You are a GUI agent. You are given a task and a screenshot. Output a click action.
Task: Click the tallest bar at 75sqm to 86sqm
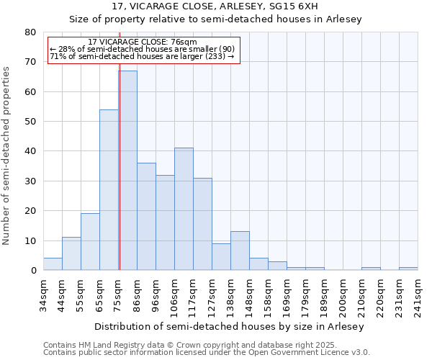pyautogui.click(x=127, y=171)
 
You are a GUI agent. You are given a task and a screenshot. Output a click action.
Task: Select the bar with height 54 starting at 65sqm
pyautogui.click(x=109, y=190)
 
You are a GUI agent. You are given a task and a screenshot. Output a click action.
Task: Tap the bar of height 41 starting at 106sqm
pyautogui.click(x=184, y=209)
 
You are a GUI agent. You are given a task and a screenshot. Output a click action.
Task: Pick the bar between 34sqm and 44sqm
pyautogui.click(x=53, y=264)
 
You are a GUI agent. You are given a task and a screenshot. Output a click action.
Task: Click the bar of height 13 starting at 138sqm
pyautogui.click(x=240, y=251)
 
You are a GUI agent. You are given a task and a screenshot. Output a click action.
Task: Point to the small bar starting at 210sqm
pyautogui.click(x=371, y=269)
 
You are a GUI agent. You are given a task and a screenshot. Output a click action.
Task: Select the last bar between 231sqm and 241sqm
pyautogui.click(x=408, y=269)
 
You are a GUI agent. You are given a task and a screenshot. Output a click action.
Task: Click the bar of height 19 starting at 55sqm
pyautogui.click(x=90, y=242)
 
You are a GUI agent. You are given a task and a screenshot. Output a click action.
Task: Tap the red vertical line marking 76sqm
pyautogui.click(x=120, y=166)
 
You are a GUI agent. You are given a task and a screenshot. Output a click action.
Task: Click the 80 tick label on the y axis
pyautogui.click(x=30, y=32)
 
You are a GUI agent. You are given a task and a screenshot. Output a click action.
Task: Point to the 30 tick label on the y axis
pyautogui.click(x=30, y=181)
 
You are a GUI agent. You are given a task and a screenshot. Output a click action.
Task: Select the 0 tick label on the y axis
pyautogui.click(x=33, y=271)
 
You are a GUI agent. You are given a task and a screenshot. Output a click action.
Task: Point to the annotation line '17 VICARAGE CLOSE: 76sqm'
pyautogui.click(x=142, y=42)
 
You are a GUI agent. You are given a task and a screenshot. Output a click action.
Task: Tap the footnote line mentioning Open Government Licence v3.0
pyautogui.click(x=207, y=353)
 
